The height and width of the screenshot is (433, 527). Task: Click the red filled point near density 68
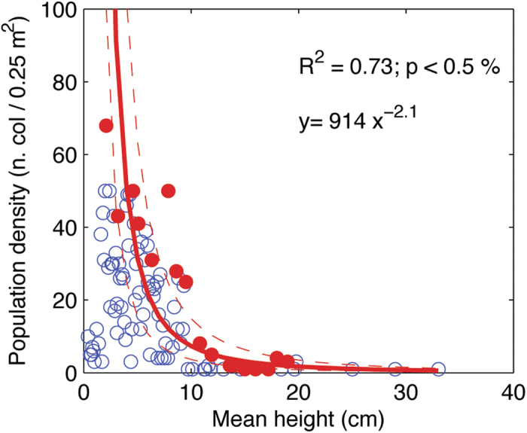pos(106,126)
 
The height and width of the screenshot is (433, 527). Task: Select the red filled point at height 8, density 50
pos(168,191)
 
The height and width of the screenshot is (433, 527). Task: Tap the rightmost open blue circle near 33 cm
pos(438,369)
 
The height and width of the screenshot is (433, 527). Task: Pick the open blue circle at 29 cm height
pos(395,369)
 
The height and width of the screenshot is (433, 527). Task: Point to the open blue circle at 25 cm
pos(352,369)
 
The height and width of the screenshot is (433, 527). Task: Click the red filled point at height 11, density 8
pos(200,343)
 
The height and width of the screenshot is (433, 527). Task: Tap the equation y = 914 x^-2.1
pos(363,120)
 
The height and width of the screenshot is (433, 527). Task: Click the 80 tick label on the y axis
pos(62,83)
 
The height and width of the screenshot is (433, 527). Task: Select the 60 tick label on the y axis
pos(62,155)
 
